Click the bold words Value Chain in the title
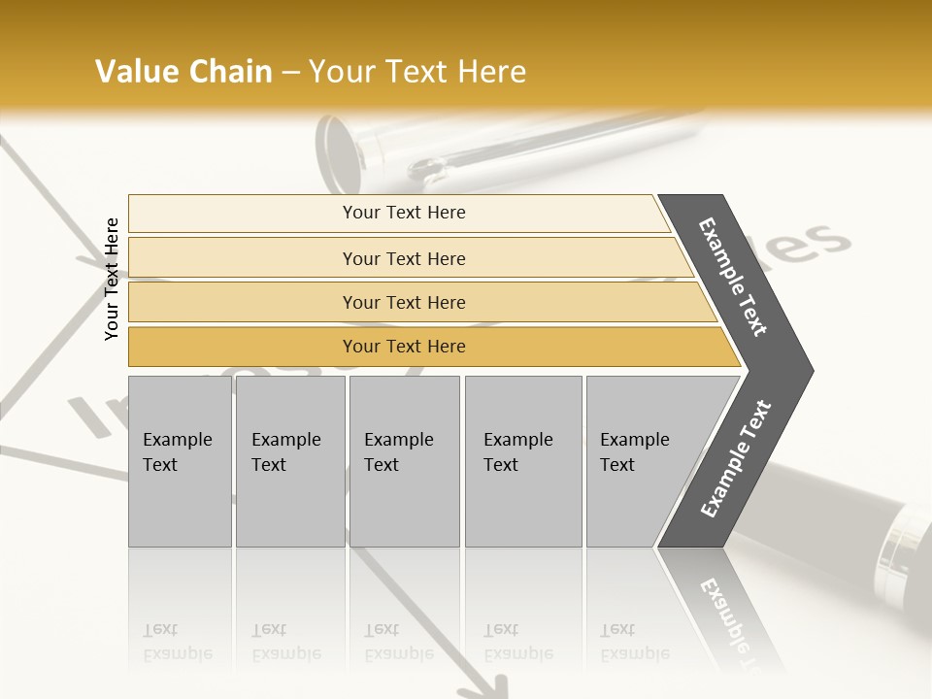(183, 72)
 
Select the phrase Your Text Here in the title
(417, 72)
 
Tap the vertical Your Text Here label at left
(112, 279)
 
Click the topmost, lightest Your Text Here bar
(404, 213)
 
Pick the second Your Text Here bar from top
(404, 258)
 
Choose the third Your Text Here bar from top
(404, 302)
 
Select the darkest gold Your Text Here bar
(404, 347)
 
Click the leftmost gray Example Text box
(180, 461)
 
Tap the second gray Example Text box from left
(289, 461)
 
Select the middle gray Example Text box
(404, 461)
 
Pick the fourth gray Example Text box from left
(522, 461)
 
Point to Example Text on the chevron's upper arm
(734, 277)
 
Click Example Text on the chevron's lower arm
(736, 458)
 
